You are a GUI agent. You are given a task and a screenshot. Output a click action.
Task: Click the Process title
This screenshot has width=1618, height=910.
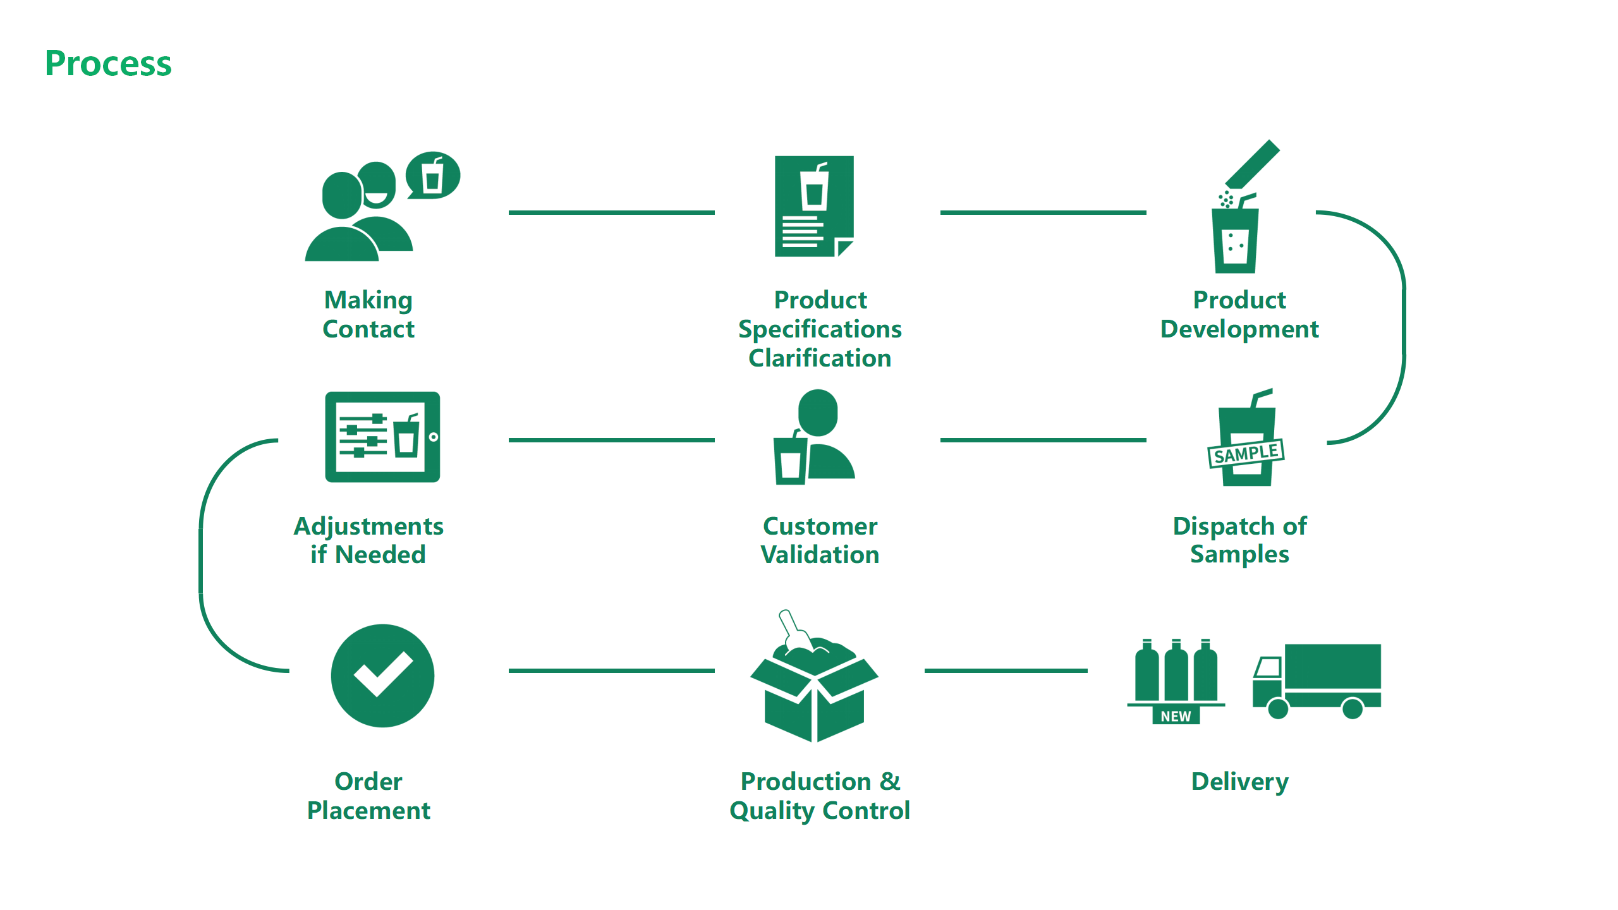click(x=108, y=64)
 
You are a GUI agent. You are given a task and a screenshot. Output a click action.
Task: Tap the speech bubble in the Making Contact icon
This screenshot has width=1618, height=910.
click(x=433, y=176)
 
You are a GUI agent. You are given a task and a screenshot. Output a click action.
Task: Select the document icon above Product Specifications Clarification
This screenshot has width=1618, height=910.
click(x=814, y=206)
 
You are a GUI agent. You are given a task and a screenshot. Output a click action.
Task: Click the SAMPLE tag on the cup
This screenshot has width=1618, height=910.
click(x=1245, y=454)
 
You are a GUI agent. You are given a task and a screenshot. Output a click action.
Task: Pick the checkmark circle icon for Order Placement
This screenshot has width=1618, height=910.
click(x=382, y=676)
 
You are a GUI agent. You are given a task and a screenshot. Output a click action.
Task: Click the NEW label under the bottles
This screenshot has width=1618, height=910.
click(x=1175, y=716)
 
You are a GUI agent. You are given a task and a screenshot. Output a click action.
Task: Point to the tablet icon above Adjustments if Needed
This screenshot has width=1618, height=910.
click(x=382, y=437)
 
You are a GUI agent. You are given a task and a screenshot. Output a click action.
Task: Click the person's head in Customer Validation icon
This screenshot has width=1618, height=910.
click(x=818, y=411)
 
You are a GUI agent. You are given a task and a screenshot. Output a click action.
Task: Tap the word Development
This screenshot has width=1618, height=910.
click(x=1239, y=329)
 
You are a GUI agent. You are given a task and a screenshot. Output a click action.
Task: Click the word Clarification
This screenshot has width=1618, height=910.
click(x=820, y=358)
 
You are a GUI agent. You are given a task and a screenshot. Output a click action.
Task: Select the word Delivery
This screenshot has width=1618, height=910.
click(x=1239, y=782)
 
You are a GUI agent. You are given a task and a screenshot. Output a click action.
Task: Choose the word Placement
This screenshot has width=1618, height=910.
click(x=368, y=811)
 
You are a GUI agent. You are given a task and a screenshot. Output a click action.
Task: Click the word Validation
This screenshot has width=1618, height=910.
click(x=820, y=555)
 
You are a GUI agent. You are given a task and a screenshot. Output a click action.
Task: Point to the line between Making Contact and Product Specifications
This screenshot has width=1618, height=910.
click(x=611, y=213)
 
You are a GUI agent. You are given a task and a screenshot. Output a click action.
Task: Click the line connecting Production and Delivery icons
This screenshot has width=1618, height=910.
click(x=1006, y=670)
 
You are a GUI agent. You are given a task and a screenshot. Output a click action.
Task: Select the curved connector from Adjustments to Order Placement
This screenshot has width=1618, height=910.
click(x=201, y=556)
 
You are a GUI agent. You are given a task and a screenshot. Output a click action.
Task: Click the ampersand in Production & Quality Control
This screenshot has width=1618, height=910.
click(x=890, y=782)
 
